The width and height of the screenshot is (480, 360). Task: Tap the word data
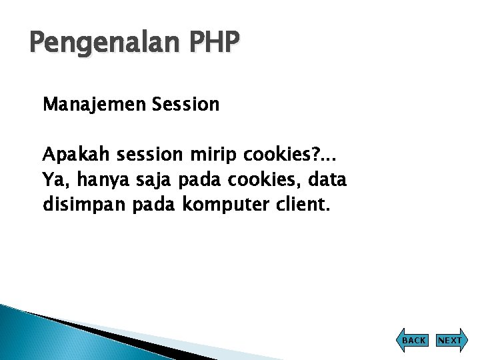point(328,180)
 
